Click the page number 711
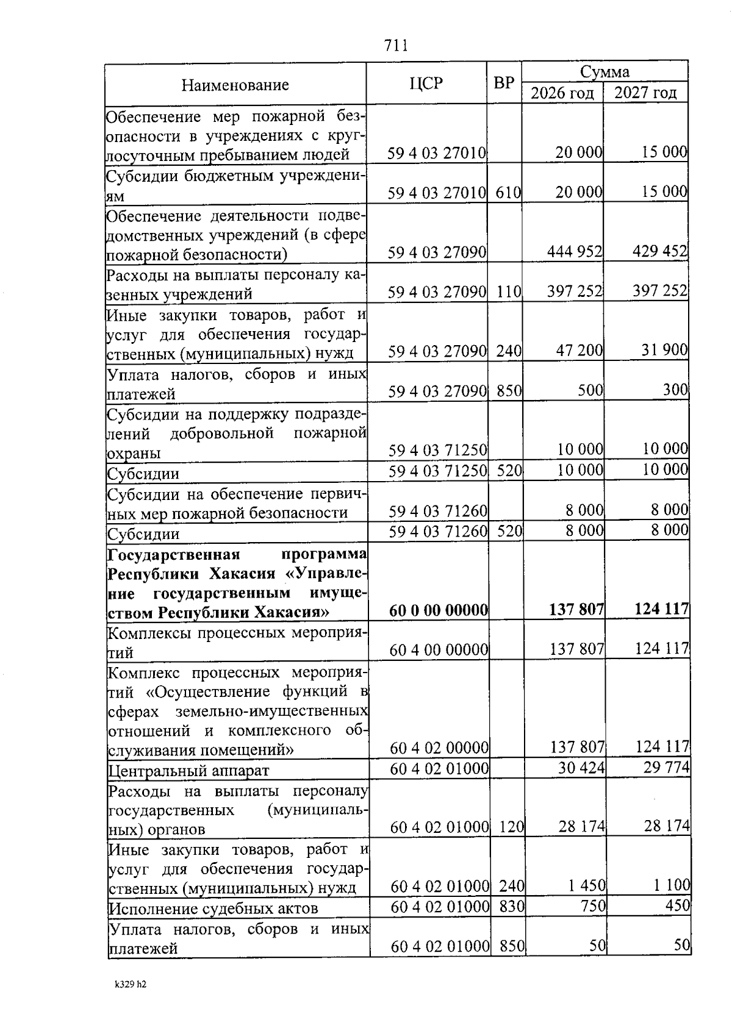click(396, 46)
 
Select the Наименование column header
click(235, 85)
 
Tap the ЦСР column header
click(426, 84)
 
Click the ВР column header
click(504, 84)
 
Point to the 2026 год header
click(562, 93)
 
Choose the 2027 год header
click(645, 93)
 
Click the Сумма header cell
click(605, 72)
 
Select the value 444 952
click(575, 251)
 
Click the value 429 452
click(660, 251)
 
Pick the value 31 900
click(664, 350)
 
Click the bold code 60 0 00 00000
click(439, 609)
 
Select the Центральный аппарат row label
click(188, 770)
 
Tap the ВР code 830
click(512, 907)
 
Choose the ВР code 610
click(508, 193)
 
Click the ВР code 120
click(512, 827)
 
